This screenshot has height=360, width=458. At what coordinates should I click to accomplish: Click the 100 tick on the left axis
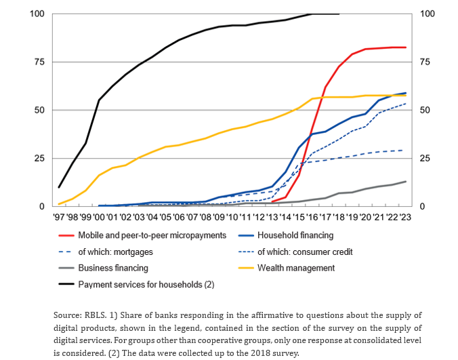(39, 14)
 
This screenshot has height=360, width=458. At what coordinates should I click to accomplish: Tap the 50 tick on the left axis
(41, 110)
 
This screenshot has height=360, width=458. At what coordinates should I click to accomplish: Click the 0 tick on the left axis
(43, 206)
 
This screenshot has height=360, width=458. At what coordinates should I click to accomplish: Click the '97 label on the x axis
(59, 217)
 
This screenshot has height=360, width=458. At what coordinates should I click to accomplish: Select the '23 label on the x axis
(405, 217)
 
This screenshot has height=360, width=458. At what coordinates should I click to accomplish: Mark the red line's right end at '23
(405, 47)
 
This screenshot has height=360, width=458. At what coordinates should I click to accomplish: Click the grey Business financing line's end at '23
(405, 181)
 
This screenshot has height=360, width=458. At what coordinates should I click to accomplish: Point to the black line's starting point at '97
(60, 187)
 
